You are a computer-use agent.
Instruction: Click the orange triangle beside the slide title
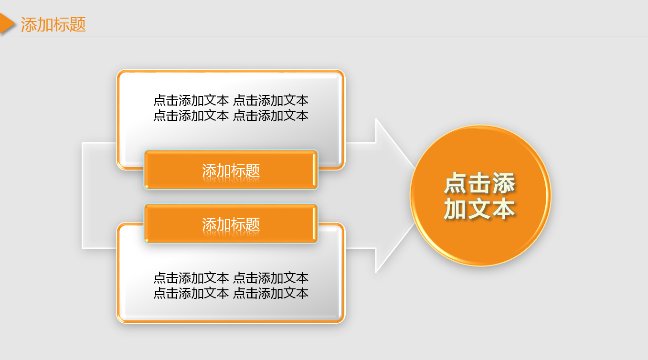point(6,23)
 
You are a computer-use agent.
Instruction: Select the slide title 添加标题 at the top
point(53,24)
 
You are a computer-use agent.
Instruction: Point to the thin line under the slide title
point(334,36)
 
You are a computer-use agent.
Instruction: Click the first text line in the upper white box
point(231,100)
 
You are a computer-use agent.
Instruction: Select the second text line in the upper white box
point(231,116)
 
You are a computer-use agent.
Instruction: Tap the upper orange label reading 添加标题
point(231,170)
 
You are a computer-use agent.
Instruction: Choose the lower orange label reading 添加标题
point(231,224)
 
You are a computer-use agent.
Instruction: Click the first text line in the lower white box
point(231,278)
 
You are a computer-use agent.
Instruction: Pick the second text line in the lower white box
point(231,293)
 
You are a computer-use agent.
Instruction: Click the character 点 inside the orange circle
point(456,184)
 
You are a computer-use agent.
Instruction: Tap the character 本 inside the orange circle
point(503,209)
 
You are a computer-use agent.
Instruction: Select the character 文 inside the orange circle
point(479,209)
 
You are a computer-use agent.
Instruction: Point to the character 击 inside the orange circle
point(479,184)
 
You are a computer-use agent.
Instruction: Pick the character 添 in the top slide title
point(29,24)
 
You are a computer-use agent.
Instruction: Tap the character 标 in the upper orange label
point(238,170)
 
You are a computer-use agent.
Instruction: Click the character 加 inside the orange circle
point(456,209)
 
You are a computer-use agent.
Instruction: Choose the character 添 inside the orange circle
point(503,184)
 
